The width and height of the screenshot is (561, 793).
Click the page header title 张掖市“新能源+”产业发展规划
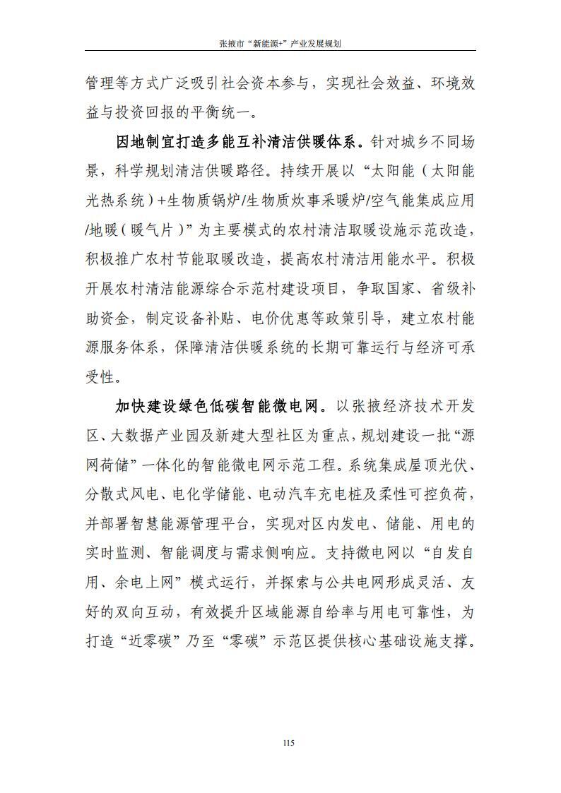[280, 43]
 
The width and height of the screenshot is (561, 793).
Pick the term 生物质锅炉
[213, 201]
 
